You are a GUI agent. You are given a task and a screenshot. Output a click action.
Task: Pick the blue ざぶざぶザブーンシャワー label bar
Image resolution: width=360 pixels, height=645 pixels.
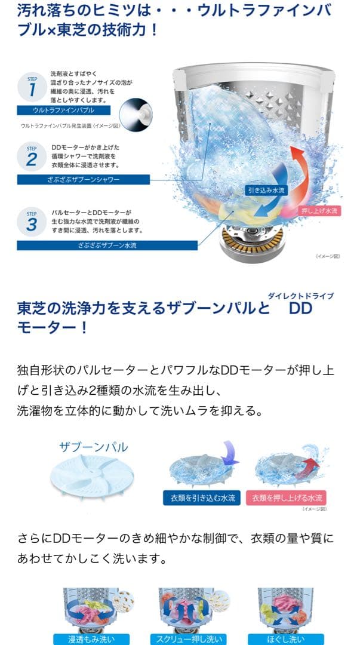84,180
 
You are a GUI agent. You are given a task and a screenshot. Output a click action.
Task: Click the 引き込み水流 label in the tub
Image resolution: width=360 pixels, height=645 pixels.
267,190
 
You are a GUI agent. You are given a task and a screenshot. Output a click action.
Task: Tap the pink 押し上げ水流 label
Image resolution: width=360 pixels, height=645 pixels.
320,211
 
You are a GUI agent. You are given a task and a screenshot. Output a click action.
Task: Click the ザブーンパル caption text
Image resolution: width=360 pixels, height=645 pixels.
93,447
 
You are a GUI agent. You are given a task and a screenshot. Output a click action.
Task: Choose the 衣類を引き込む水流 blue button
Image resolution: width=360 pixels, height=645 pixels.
198,497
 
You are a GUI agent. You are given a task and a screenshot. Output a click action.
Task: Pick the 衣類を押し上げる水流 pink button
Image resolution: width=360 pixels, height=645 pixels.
286,497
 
